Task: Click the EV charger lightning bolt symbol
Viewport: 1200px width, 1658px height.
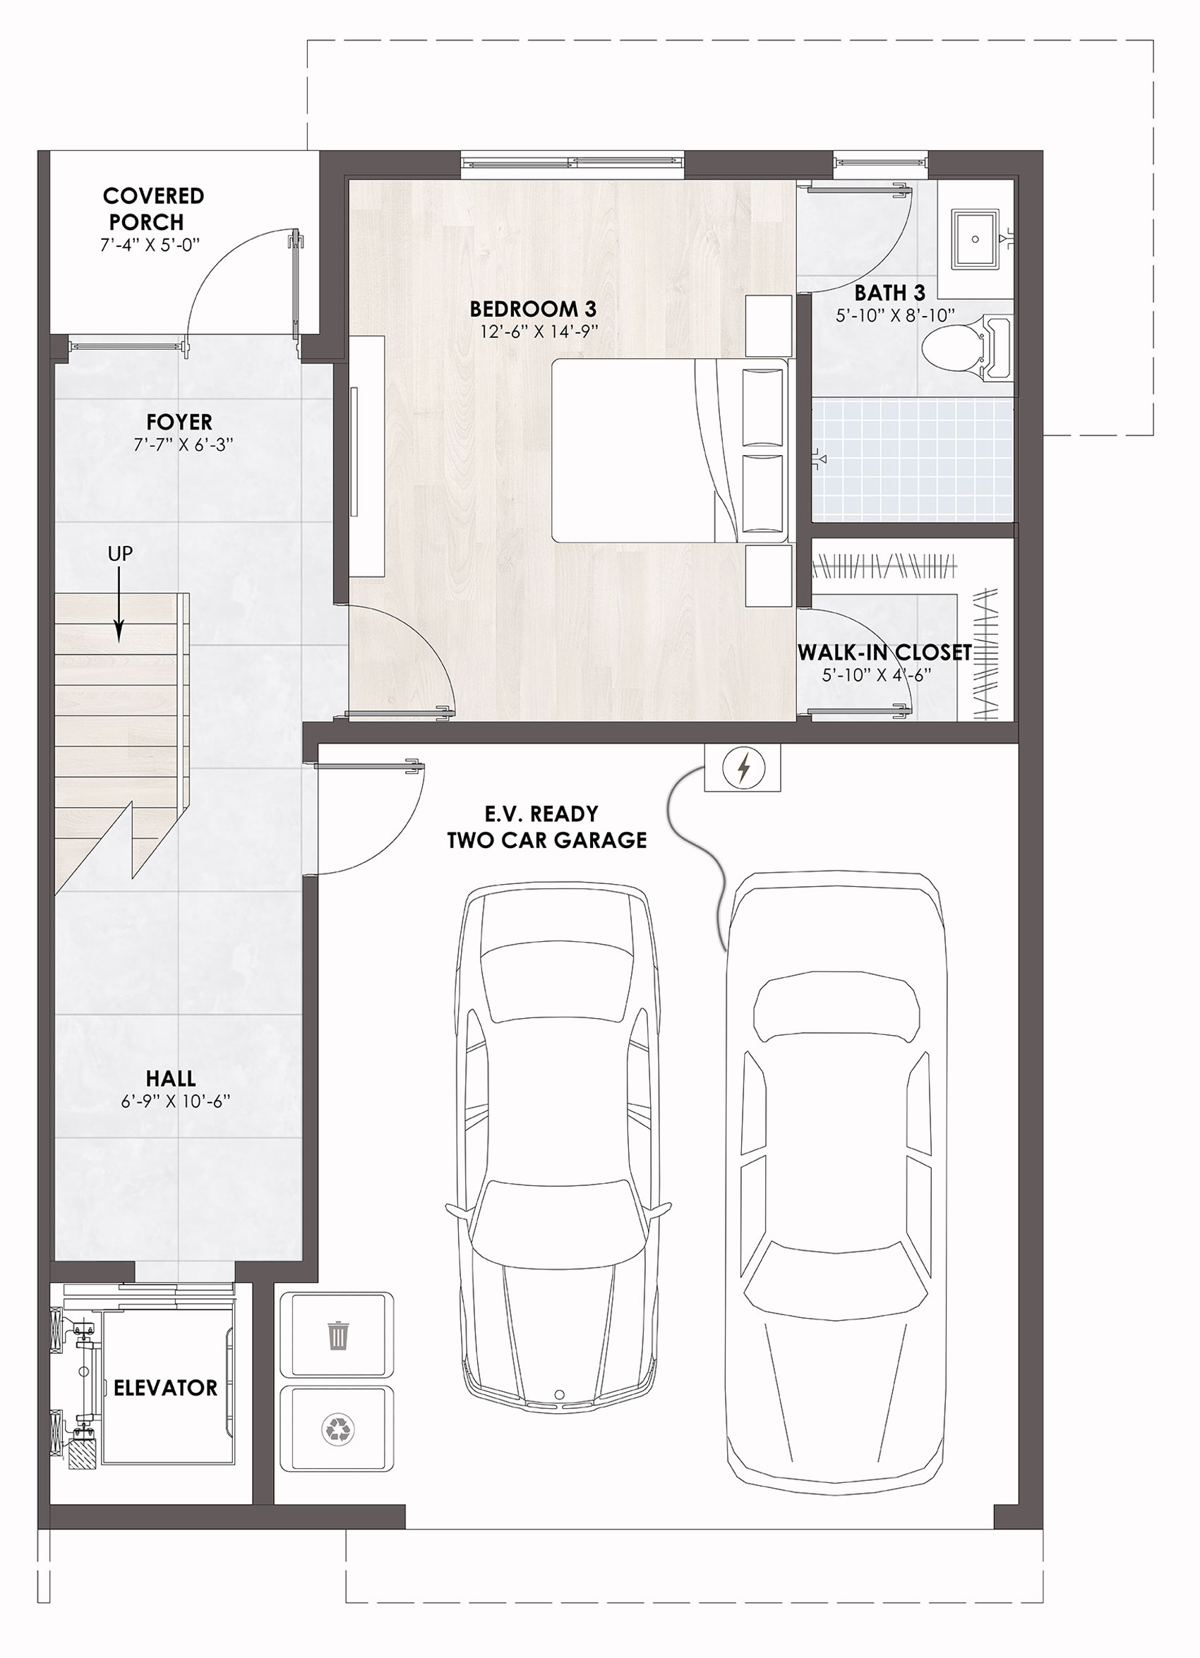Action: (x=744, y=768)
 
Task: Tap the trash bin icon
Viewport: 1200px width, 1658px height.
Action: (x=338, y=1336)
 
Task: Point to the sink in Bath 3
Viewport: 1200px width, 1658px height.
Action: (x=976, y=239)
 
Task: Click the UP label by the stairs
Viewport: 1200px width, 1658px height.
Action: (x=121, y=554)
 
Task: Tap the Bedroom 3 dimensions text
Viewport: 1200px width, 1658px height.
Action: (x=539, y=332)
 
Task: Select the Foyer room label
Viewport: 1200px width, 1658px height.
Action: (x=179, y=422)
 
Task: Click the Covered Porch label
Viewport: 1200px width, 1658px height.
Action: (x=153, y=208)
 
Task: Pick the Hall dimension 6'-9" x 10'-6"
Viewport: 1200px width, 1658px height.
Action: (x=176, y=1101)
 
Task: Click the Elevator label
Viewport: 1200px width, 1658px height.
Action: (x=165, y=1388)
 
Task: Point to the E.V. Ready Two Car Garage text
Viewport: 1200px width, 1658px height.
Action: (x=547, y=827)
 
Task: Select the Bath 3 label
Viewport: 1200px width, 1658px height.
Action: (x=890, y=293)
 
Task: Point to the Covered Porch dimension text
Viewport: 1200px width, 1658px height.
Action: (x=150, y=245)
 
